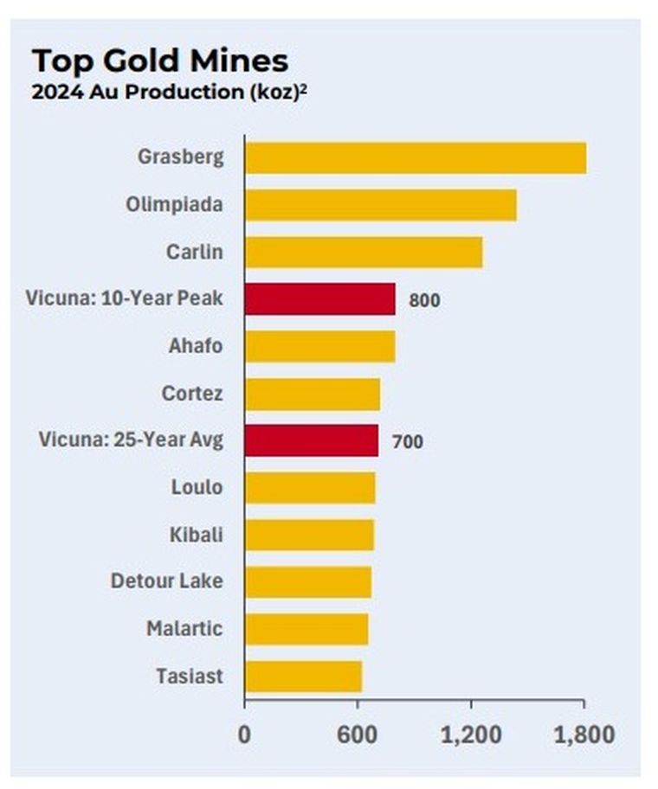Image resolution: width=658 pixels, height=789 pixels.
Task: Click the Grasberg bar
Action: [415, 158]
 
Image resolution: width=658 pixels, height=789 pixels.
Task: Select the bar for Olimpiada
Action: [380, 205]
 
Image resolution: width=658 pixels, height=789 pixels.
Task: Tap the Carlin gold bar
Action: [363, 253]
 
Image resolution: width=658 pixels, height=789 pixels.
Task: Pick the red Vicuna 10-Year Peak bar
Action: [319, 299]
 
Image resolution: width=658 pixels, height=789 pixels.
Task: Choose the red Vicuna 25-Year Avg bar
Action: [311, 440]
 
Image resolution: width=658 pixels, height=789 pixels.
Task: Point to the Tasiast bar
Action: [303, 676]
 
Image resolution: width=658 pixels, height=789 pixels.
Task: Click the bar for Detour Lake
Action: [307, 581]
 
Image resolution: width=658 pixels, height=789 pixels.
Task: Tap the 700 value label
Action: [407, 442]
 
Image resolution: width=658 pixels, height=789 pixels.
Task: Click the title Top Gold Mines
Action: [160, 61]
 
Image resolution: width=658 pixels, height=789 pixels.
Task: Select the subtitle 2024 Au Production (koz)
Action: [170, 93]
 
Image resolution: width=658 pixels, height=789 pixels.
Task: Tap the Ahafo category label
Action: [196, 346]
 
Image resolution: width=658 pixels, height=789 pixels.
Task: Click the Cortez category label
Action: [192, 394]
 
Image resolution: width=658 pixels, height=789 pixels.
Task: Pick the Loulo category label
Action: [197, 487]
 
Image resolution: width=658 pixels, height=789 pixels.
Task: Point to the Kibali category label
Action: [196, 535]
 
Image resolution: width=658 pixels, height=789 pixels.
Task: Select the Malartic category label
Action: [184, 628]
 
